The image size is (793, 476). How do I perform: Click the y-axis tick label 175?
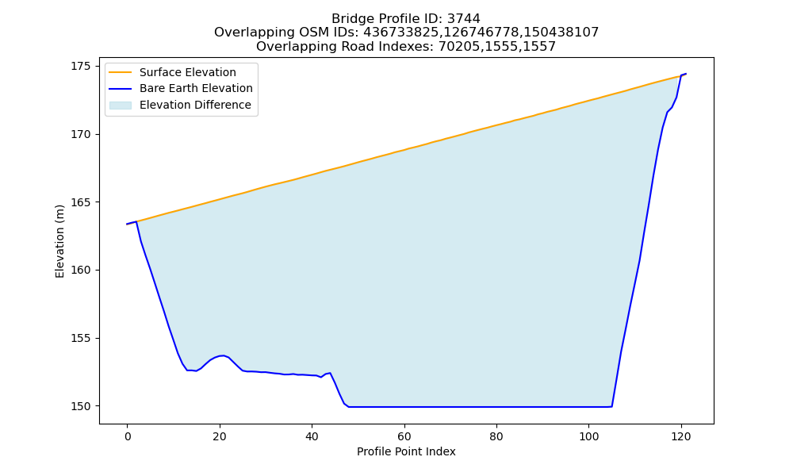[x=81, y=67]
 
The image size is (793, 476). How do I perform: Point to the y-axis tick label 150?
[x=81, y=406]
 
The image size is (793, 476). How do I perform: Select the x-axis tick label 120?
[x=681, y=436]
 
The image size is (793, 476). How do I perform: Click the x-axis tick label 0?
[x=128, y=436]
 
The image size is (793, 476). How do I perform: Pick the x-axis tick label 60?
[x=404, y=436]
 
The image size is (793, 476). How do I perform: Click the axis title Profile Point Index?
[x=406, y=451]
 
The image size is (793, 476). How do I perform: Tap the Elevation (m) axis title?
[x=59, y=241]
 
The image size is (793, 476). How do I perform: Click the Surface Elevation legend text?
[x=188, y=72]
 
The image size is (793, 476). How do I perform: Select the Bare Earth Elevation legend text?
[x=196, y=88]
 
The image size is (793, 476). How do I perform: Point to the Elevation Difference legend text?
[x=195, y=105]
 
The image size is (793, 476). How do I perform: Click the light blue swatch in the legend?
[x=121, y=106]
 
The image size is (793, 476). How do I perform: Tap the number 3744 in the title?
[x=463, y=19]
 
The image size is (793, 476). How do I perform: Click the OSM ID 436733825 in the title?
[x=401, y=33]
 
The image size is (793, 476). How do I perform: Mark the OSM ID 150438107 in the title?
[x=561, y=33]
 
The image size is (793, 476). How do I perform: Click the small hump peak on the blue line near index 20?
[x=222, y=355]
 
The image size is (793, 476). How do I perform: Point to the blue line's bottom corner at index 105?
[x=612, y=406]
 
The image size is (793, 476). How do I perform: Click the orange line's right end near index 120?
[x=680, y=76]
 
